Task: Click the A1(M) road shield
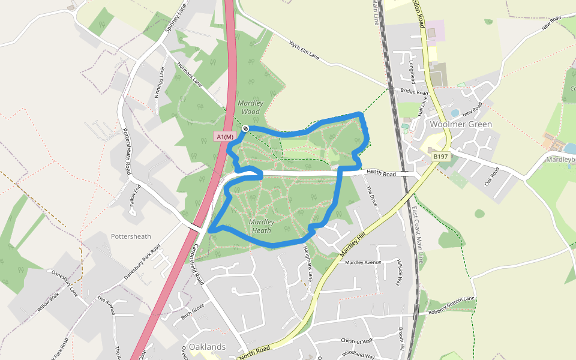click(224, 137)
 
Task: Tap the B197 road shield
click(441, 157)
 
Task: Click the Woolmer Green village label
click(461, 124)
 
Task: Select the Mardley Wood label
click(250, 107)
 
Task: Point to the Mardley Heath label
click(262, 226)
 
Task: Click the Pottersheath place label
click(131, 236)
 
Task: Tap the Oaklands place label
click(207, 347)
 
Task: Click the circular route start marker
click(245, 128)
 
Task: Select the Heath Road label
click(382, 173)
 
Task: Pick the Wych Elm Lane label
click(304, 53)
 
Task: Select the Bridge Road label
click(414, 92)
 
